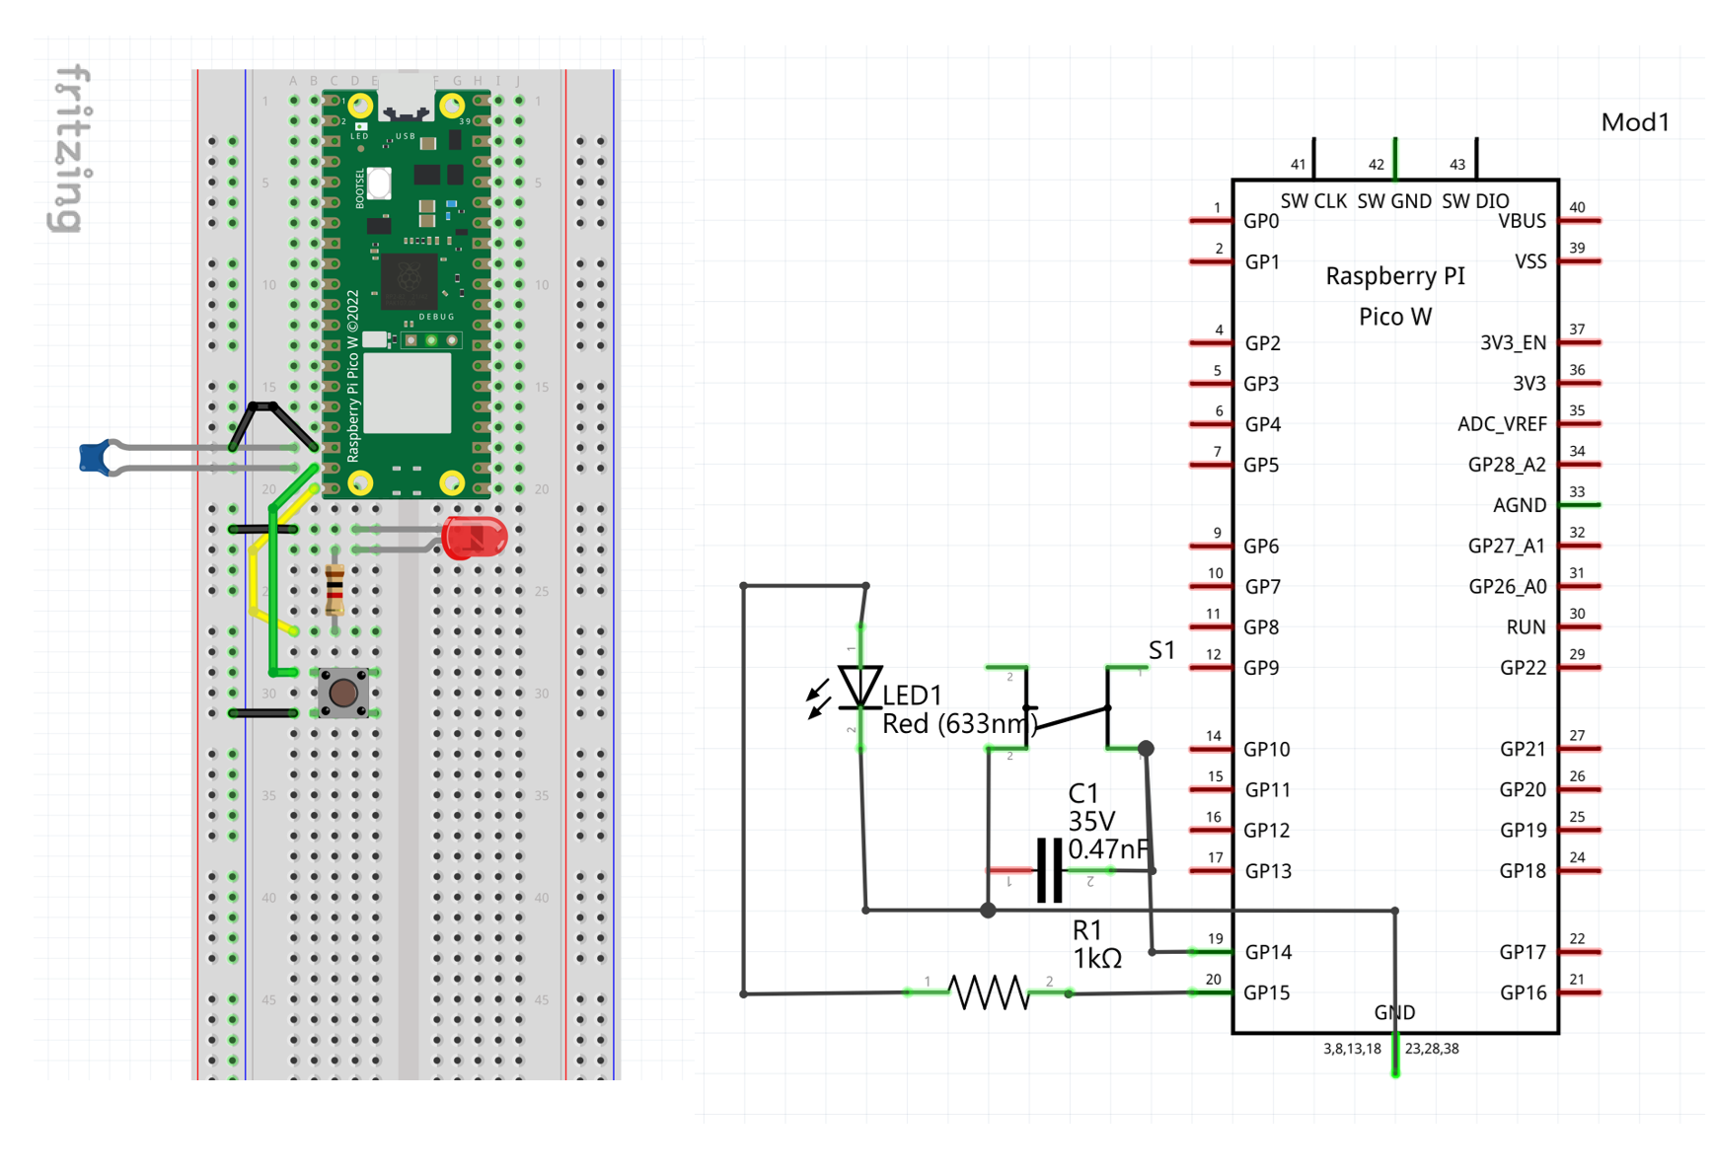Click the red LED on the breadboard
click(x=475, y=538)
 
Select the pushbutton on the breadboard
click(x=343, y=693)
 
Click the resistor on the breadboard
click(x=335, y=589)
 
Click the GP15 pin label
click(x=1267, y=992)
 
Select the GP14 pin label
click(x=1268, y=952)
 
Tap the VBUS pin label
click(x=1522, y=221)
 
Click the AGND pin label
click(x=1520, y=505)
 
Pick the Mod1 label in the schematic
click(x=1635, y=122)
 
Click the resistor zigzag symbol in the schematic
click(x=988, y=992)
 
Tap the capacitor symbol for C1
click(x=1050, y=870)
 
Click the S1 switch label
click(x=1161, y=650)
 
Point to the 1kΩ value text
click(x=1097, y=959)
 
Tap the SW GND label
click(x=1394, y=201)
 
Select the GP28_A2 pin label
click(x=1507, y=465)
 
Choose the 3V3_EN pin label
click(x=1513, y=342)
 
